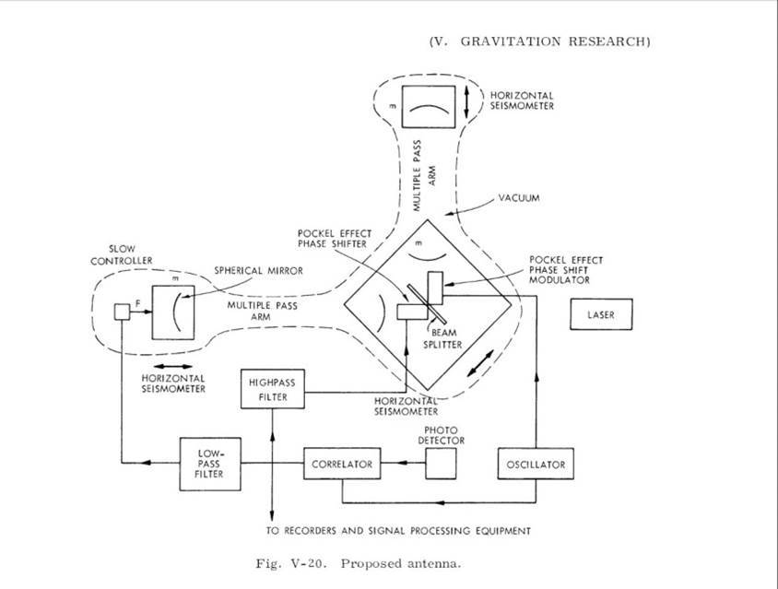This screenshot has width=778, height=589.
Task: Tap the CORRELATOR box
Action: pos(341,464)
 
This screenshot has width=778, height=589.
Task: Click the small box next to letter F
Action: pos(121,312)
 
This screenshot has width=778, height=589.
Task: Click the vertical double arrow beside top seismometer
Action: pos(469,101)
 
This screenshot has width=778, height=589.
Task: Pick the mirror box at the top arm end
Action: pos(423,107)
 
